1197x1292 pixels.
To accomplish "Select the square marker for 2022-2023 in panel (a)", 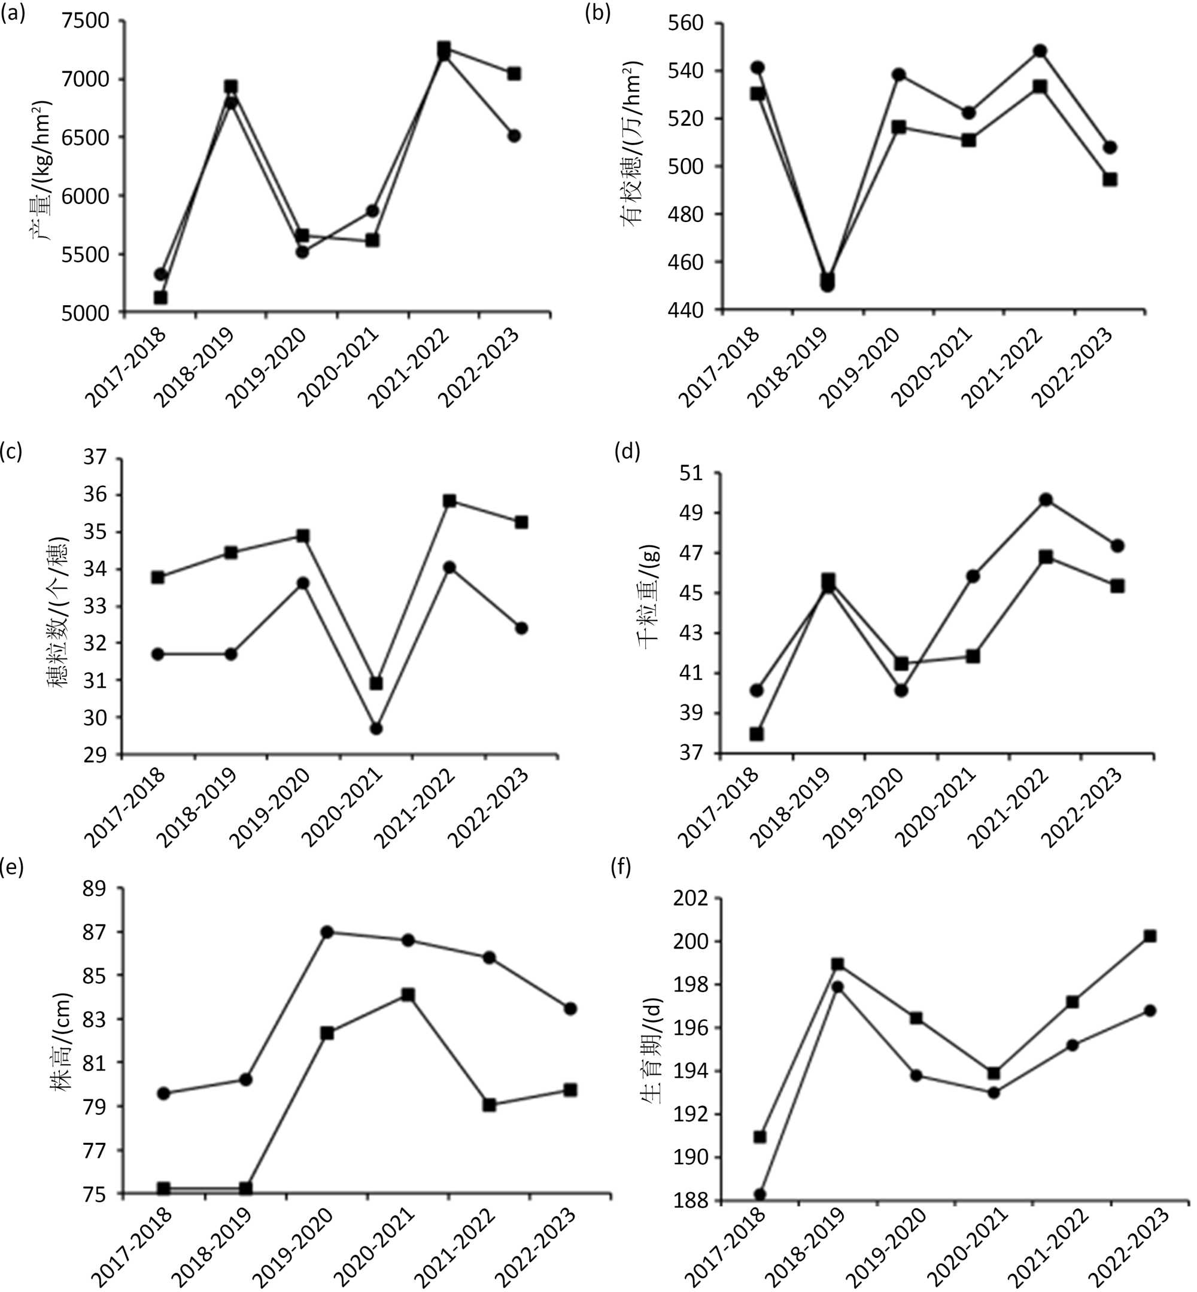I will pyautogui.click(x=514, y=74).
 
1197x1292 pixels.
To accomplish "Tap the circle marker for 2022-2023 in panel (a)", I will pyautogui.click(x=514, y=136).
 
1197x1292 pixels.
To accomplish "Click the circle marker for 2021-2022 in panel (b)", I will pyautogui.click(x=1040, y=51).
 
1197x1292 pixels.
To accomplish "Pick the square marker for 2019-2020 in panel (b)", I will pyautogui.click(x=899, y=127).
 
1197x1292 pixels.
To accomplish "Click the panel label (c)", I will pyautogui.click(x=11, y=452).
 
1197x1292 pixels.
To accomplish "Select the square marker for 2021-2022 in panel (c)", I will pyautogui.click(x=449, y=501).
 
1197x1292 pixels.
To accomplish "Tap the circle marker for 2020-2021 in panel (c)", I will pyautogui.click(x=376, y=728).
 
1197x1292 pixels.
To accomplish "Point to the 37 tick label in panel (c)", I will pyautogui.click(x=95, y=458).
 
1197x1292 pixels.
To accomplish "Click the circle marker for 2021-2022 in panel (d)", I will pyautogui.click(x=1046, y=499).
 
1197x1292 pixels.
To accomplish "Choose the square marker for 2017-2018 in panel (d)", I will pyautogui.click(x=757, y=734).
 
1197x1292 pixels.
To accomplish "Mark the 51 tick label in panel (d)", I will pyautogui.click(x=692, y=473).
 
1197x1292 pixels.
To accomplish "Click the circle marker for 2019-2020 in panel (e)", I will pyautogui.click(x=327, y=932).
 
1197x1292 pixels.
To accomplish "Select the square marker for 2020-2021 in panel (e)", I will pyautogui.click(x=408, y=995).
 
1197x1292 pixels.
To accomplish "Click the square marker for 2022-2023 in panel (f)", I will pyautogui.click(x=1150, y=937).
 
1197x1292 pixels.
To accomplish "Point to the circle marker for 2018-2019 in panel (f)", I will pyautogui.click(x=837, y=987).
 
